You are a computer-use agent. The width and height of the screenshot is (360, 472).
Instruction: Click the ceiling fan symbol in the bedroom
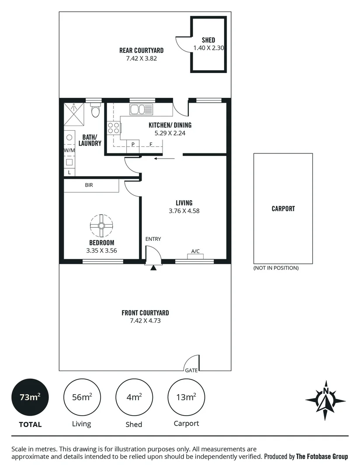(101, 226)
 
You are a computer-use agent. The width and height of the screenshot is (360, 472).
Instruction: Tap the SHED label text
(208, 40)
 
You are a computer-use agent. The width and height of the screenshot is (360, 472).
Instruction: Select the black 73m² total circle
(30, 397)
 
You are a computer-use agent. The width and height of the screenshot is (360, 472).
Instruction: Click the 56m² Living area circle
(82, 397)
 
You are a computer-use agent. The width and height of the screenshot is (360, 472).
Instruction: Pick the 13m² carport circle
(186, 397)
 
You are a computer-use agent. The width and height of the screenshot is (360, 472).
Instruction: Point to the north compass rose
(325, 400)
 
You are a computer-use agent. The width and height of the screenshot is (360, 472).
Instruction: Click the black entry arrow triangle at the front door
(153, 267)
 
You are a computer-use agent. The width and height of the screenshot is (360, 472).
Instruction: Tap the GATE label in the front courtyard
(191, 370)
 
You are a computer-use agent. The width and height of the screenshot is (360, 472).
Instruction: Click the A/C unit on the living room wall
(195, 257)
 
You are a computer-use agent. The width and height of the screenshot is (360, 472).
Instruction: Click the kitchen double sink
(142, 109)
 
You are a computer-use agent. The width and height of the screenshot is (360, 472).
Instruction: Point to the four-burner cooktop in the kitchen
(114, 128)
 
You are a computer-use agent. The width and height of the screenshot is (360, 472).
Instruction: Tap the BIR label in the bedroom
(89, 185)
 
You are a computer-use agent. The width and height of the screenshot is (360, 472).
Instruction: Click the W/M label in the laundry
(69, 150)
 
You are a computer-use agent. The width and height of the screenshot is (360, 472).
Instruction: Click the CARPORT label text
(283, 208)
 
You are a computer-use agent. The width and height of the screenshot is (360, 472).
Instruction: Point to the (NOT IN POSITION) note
(276, 268)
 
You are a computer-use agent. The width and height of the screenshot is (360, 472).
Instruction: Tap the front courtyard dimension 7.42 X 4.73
(145, 320)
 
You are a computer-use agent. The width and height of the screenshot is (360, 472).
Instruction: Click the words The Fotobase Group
(322, 456)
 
